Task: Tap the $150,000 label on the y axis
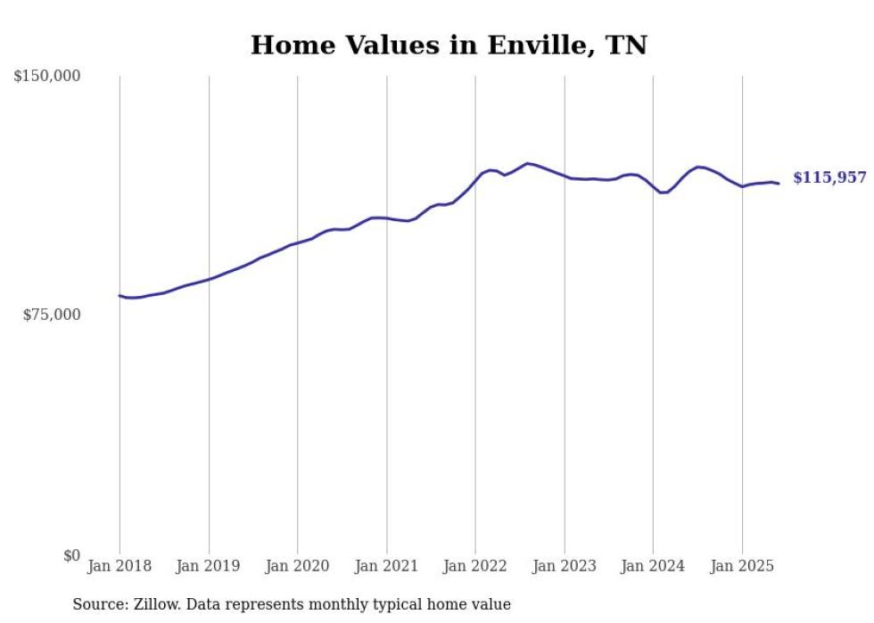47,77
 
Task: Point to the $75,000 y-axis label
52,315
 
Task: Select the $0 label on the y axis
71,555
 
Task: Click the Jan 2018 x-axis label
120,566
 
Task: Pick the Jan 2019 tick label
209,566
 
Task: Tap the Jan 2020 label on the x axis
298,566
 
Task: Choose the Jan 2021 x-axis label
386,566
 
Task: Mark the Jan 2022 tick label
475,566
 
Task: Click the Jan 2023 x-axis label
565,566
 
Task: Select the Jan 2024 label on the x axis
653,566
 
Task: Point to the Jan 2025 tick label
742,566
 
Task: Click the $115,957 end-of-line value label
829,178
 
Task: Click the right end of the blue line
779,184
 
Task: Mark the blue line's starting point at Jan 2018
120,295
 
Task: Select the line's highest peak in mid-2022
527,163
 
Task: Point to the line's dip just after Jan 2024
663,193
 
